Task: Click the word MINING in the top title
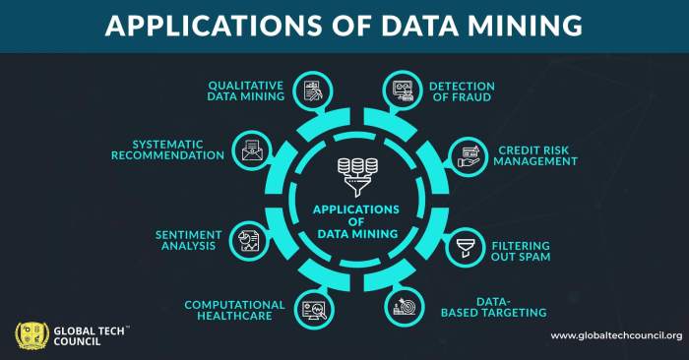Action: tap(521, 26)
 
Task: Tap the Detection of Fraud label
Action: tap(462, 92)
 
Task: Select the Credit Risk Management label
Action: tap(536, 155)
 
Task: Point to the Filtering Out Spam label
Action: tap(521, 250)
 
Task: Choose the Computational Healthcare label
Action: tap(234, 311)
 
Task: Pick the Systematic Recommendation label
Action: tap(166, 150)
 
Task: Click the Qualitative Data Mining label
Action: tap(245, 91)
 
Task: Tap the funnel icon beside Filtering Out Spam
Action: tap(461, 248)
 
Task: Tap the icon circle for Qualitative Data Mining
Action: tap(313, 90)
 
